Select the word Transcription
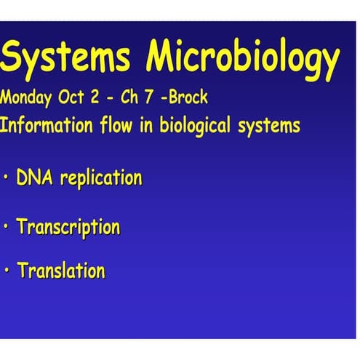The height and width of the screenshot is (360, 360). click(x=68, y=228)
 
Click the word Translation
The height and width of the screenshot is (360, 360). click(x=61, y=271)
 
